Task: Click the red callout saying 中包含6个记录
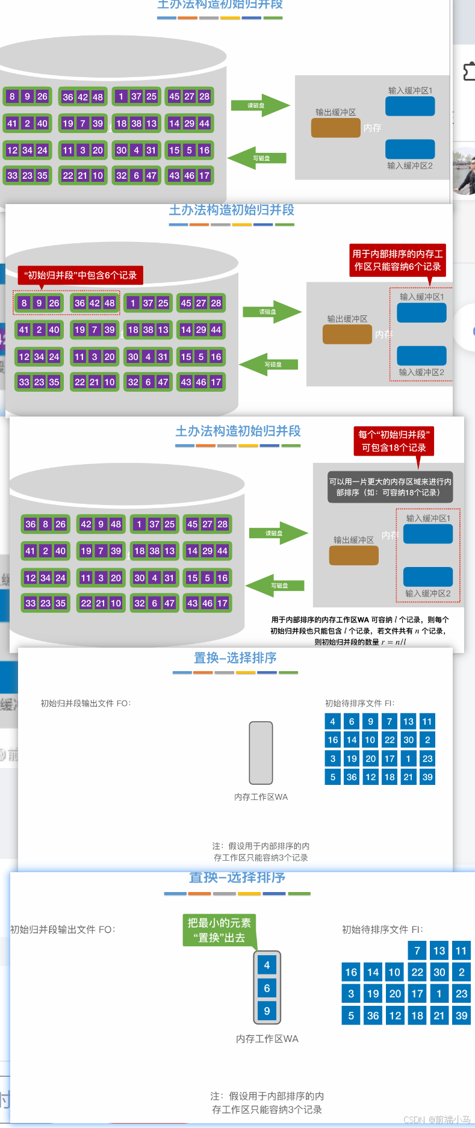point(80,275)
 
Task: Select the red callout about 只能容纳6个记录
point(397,260)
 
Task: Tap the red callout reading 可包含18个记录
point(394,441)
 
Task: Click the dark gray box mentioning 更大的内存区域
point(390,487)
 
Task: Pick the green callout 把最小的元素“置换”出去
point(219,930)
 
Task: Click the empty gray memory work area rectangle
point(261,752)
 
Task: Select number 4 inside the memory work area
point(267,965)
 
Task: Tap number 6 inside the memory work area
point(267,988)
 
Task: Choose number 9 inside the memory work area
point(267,1011)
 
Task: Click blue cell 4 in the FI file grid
point(332,721)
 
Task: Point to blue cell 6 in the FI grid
point(352,721)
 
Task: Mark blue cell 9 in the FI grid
point(370,721)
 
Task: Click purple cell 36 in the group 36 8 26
point(31,524)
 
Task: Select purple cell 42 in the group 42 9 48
point(86,524)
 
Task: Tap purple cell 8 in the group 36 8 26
point(46,524)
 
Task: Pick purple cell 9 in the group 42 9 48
point(101,524)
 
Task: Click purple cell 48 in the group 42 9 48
point(116,524)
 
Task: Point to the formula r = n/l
point(394,642)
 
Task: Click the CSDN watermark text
point(436,1120)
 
